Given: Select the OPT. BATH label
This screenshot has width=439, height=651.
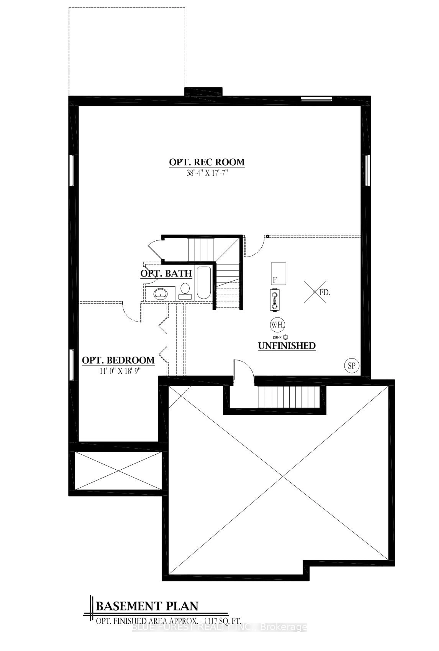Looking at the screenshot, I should (x=166, y=273).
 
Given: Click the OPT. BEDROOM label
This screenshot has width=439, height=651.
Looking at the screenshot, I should (x=118, y=360).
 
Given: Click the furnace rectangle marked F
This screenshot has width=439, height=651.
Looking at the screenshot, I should (x=278, y=274).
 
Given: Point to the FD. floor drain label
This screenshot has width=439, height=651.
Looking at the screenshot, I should (x=325, y=293).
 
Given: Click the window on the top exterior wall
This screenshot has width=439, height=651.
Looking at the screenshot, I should (x=316, y=99).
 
